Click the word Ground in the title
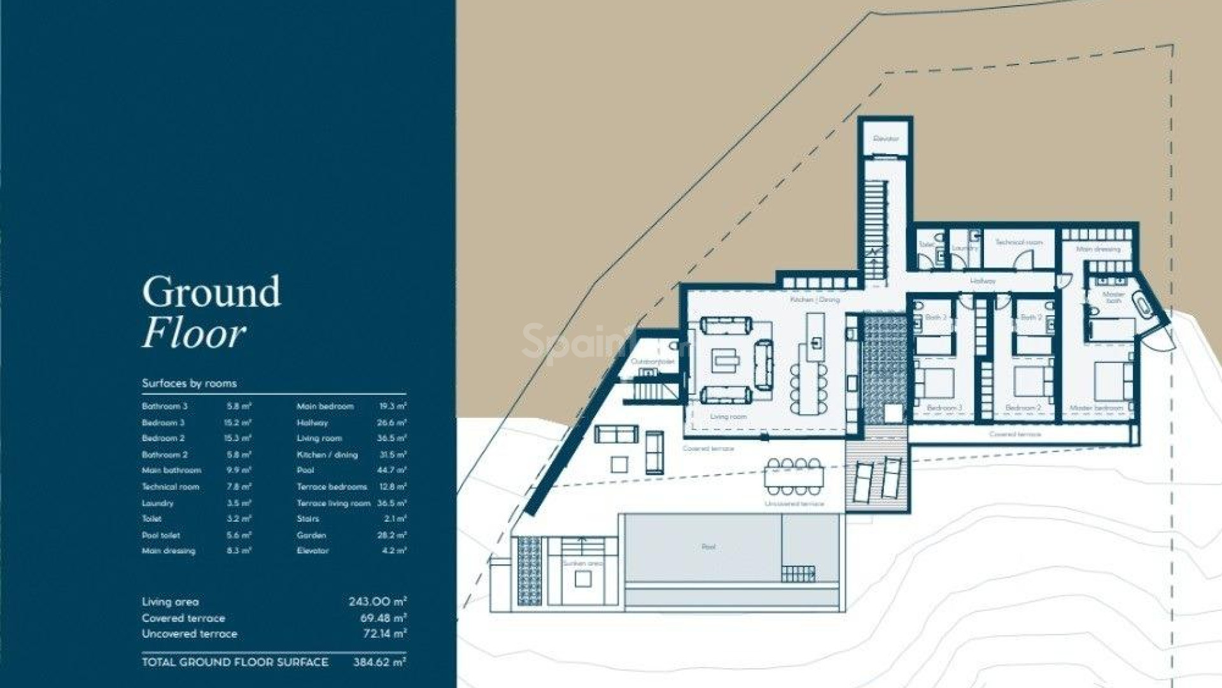coord(211,292)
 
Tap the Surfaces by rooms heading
coord(189,383)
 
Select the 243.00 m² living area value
coord(377,601)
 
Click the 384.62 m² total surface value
coord(379,662)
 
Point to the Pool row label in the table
coord(305,470)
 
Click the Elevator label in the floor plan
coord(885,138)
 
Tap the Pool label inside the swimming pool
coord(708,547)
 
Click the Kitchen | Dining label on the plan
coord(815,299)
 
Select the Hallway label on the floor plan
coord(982,280)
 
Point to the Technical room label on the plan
coord(1018,242)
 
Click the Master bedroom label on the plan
coord(1096,408)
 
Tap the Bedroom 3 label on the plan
coord(944,408)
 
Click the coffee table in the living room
coord(726,361)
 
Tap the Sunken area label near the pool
coord(582,563)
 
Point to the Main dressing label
coord(1098,249)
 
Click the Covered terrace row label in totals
coord(183,618)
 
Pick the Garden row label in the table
coord(311,535)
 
